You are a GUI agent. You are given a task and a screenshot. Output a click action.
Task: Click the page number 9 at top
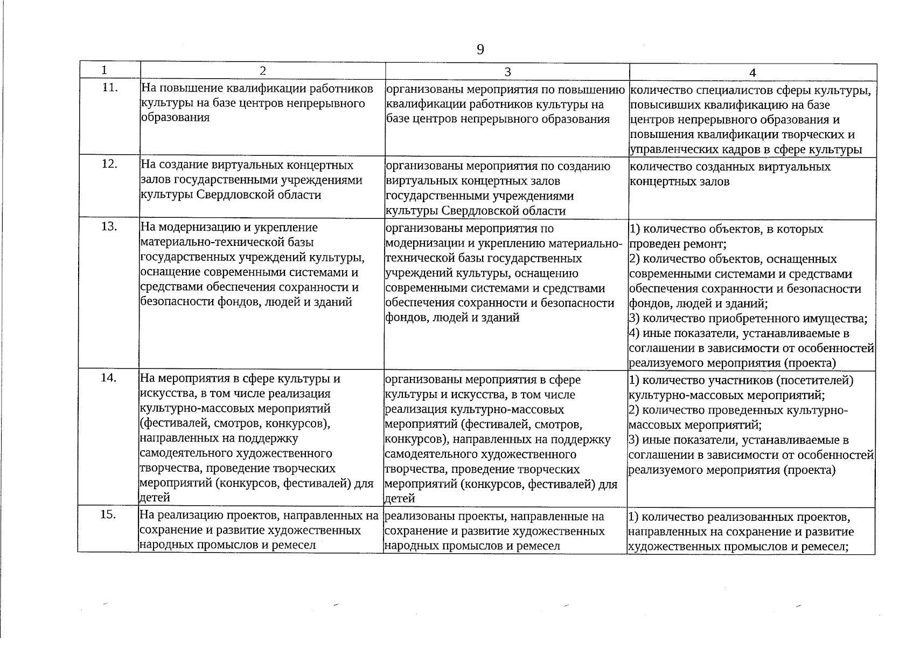coord(480,50)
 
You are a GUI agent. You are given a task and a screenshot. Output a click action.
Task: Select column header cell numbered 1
coord(103,70)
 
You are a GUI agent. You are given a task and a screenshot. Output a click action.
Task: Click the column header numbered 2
coord(262,71)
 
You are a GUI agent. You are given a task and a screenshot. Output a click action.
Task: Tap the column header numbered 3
coord(507,72)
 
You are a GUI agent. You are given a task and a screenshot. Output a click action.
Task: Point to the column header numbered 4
coord(752,73)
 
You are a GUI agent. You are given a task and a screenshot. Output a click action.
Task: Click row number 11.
coord(109,87)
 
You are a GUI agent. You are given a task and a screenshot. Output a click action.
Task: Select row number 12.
coord(109,163)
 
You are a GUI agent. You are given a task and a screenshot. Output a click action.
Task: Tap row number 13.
coord(109,226)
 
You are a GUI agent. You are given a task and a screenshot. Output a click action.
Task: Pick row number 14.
coord(109,377)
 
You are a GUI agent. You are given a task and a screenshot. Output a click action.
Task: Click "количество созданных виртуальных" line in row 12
coord(729,167)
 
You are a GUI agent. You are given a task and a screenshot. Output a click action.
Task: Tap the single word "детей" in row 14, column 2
coord(155,497)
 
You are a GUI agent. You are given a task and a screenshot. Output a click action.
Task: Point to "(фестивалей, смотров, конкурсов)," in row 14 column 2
coord(234,423)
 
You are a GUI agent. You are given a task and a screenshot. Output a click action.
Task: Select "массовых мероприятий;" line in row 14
coord(694,424)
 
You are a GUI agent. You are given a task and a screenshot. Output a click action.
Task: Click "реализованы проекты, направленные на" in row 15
coord(494,517)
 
